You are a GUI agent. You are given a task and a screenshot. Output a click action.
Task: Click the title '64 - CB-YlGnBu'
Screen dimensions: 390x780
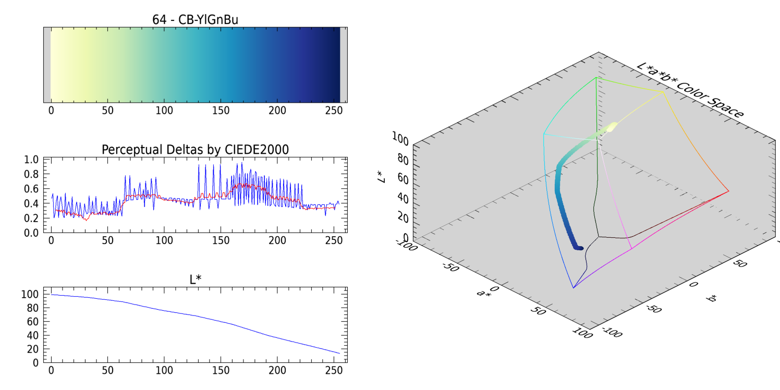(195, 20)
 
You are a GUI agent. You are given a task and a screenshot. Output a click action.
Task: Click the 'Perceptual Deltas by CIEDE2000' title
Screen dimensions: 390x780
(195, 150)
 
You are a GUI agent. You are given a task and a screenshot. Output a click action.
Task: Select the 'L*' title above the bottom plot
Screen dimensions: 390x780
(195, 279)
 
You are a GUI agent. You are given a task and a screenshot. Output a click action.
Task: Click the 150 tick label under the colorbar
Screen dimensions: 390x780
(221, 111)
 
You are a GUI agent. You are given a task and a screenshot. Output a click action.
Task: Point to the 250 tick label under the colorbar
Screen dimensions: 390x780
(334, 111)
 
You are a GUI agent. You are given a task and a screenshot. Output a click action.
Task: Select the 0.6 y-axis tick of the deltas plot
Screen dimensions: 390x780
(32, 189)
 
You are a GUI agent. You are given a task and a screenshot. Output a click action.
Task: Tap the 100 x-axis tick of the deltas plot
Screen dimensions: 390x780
(164, 240)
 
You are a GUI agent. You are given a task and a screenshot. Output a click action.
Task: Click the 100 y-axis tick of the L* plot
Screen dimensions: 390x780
(30, 294)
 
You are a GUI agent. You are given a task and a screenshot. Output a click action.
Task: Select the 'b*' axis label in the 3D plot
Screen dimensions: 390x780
(711, 299)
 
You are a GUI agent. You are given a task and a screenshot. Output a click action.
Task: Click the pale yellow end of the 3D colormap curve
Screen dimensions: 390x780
(612, 125)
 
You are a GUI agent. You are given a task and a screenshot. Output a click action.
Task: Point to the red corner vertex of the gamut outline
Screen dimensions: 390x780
(728, 191)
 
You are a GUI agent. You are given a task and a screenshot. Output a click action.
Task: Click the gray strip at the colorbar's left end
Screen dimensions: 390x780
(47, 65)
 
